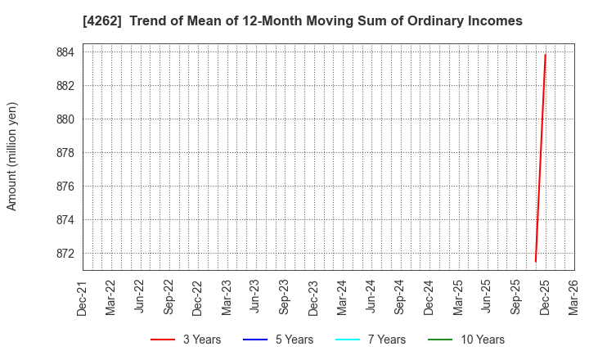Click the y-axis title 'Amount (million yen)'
click(x=12, y=156)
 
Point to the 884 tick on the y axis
click(x=65, y=52)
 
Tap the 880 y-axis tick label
click(x=65, y=119)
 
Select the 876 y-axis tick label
click(x=65, y=187)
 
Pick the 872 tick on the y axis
click(x=65, y=254)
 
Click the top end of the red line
click(x=545, y=55)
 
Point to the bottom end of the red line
click(x=535, y=262)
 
